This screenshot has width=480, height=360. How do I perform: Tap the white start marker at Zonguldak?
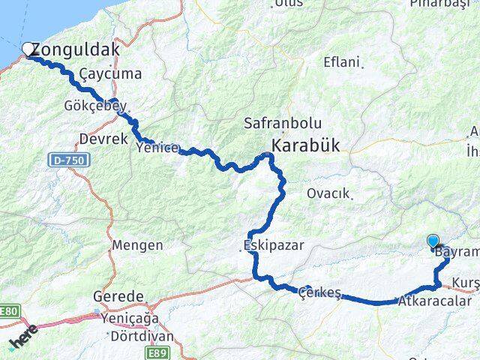click(29, 49)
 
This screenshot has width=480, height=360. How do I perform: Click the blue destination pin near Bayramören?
click(433, 241)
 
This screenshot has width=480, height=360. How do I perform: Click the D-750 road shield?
click(71, 160)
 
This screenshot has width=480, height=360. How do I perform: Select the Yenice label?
click(158, 148)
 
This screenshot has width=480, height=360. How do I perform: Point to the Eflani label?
click(342, 62)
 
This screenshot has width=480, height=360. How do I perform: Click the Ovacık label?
click(328, 193)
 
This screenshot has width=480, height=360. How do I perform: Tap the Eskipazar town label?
click(266, 244)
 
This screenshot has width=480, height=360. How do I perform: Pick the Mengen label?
click(137, 245)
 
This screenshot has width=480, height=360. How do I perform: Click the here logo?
click(22, 343)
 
